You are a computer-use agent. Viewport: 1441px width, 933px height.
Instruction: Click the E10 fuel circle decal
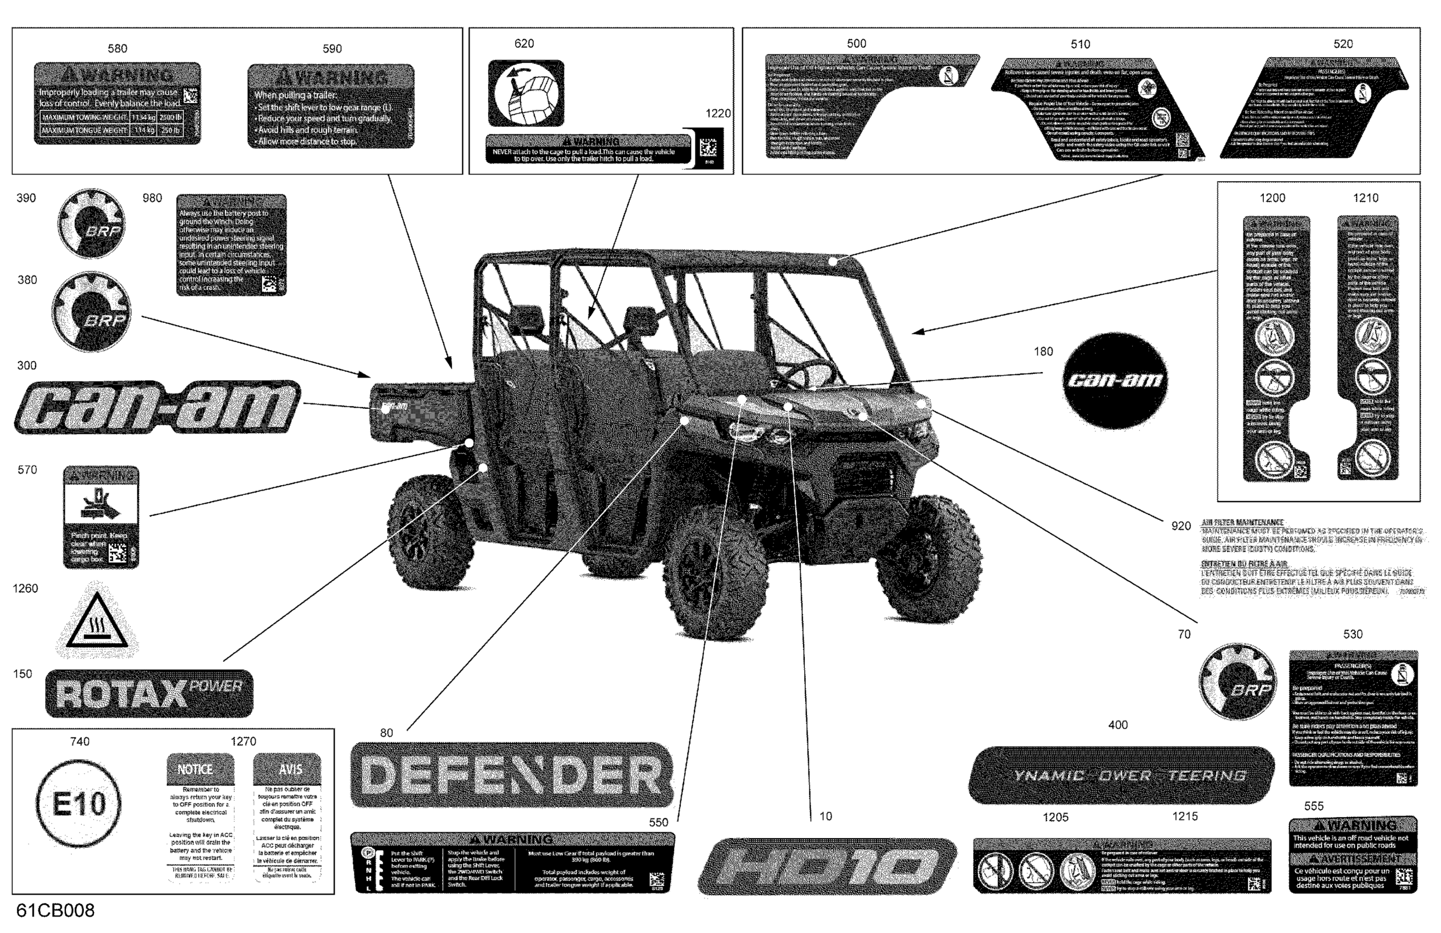point(78,804)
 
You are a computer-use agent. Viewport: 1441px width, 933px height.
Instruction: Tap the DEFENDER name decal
point(512,775)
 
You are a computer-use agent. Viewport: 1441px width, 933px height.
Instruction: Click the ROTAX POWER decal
point(149,693)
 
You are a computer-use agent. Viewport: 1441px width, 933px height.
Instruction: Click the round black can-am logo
point(1115,380)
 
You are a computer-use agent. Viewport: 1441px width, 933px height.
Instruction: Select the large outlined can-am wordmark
point(157,407)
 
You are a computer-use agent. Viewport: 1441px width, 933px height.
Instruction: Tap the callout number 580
point(117,48)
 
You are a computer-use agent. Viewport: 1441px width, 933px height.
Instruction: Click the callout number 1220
point(718,113)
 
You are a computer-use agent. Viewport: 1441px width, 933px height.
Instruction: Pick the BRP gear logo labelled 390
point(92,223)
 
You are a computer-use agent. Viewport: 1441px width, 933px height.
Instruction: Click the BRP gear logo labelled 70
point(1237,682)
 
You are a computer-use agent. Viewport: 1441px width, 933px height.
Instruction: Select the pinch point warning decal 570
point(101,517)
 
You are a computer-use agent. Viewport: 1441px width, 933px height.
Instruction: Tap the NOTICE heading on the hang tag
point(195,769)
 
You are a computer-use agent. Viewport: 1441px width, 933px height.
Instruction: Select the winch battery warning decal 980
point(231,245)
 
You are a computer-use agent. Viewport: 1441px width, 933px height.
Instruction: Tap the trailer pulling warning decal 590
point(331,106)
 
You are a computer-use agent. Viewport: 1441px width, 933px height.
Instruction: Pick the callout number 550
point(658,822)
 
